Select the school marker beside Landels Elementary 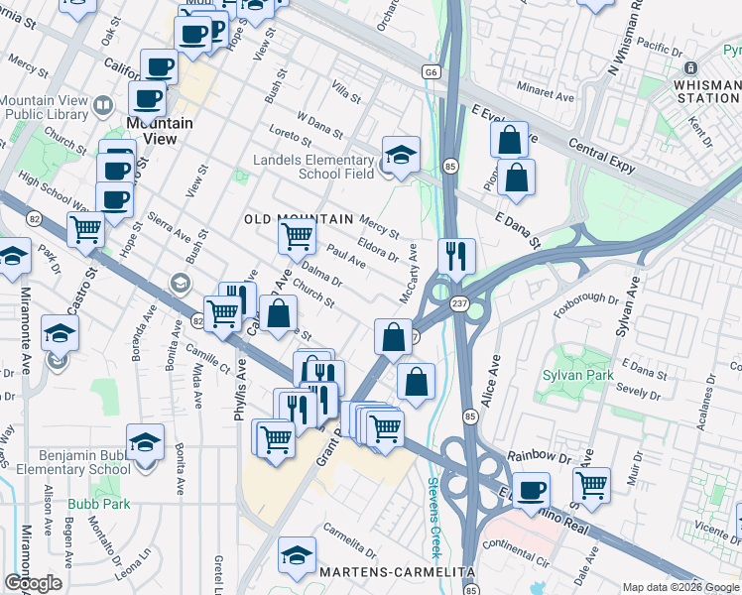(x=401, y=156)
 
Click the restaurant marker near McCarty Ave (x=456, y=256)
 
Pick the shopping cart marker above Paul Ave (x=297, y=236)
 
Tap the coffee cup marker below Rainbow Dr (x=531, y=490)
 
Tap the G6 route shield (x=431, y=71)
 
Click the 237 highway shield (x=459, y=302)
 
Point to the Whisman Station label (x=705, y=91)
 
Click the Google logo (x=33, y=583)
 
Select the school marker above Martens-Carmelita (x=297, y=556)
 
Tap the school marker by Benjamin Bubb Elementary (x=145, y=442)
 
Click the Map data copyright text (x=680, y=586)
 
